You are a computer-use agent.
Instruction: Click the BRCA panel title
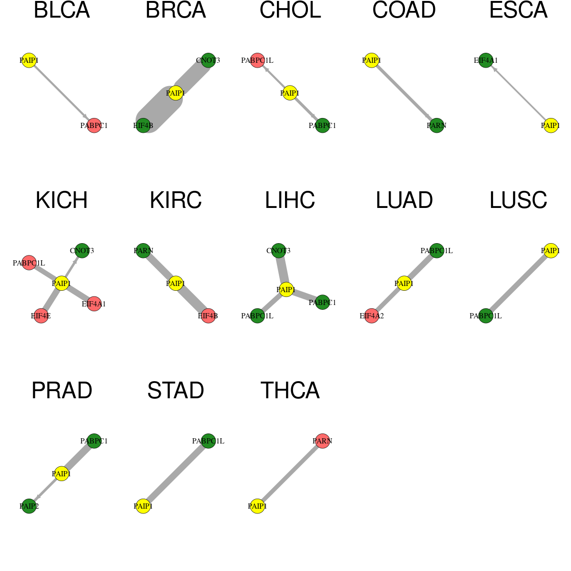[x=176, y=10]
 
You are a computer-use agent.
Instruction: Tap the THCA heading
[x=290, y=391]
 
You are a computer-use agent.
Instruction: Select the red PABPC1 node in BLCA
[x=94, y=126]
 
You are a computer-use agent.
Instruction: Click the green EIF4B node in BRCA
[x=143, y=126]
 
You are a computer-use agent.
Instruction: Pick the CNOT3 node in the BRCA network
[x=208, y=60]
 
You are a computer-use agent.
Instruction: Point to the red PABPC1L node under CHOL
[x=257, y=60]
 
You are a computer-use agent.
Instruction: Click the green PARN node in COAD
[x=436, y=126]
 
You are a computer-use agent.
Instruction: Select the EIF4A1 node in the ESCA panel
[x=486, y=60]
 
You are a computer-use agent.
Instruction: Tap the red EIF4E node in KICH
[x=41, y=316]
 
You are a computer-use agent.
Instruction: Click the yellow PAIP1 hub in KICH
[x=61, y=284]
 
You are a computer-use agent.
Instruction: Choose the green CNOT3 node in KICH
[x=82, y=251]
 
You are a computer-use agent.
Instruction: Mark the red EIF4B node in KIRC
[x=208, y=316]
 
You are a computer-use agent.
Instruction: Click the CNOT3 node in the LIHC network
[x=278, y=251]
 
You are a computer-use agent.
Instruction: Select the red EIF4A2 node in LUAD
[x=372, y=316]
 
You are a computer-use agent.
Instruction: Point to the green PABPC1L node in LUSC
[x=486, y=316]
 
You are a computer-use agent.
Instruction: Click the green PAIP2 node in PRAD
[x=29, y=506]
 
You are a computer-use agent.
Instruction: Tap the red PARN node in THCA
[x=323, y=441]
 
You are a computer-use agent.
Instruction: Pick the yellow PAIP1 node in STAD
[x=143, y=506]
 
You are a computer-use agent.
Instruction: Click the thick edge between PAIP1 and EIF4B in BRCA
[x=159, y=109]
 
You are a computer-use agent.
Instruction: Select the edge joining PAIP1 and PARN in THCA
[x=290, y=473]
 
